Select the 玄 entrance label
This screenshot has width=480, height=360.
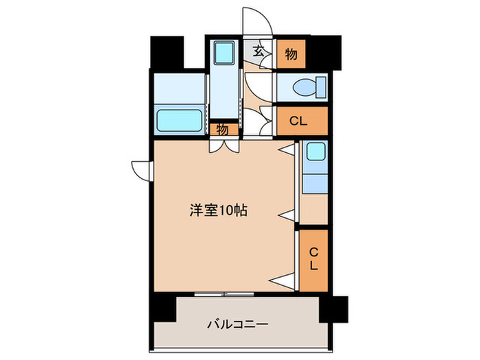coord(259,51)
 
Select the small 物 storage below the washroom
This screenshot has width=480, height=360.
coord(223,129)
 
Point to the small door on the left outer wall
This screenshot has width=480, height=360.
coord(140,169)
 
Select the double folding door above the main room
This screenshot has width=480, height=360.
coord(224,145)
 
